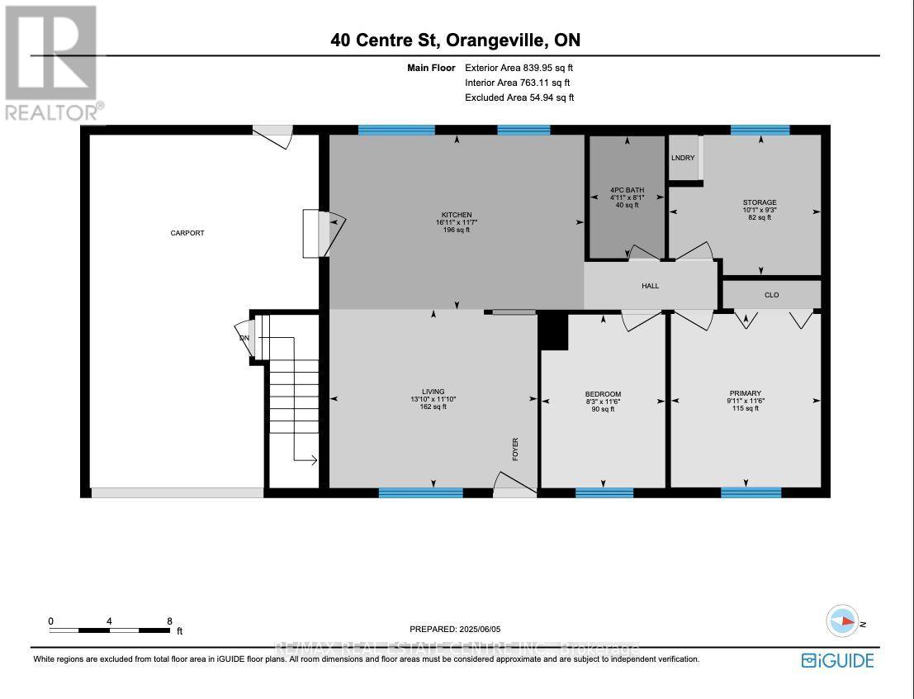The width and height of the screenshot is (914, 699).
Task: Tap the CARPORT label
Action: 187,233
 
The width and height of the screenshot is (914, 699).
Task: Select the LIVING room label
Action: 433,392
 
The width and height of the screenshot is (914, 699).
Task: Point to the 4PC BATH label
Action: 627,190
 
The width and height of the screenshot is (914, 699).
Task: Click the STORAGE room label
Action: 760,202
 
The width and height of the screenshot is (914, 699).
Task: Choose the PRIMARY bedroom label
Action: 745,393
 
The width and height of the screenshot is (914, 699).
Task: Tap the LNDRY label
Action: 683,158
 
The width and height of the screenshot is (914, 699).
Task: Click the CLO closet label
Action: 771,295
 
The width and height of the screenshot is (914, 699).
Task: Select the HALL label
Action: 651,286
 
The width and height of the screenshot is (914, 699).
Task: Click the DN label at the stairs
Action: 244,338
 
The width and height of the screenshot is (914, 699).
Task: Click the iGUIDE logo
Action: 836,659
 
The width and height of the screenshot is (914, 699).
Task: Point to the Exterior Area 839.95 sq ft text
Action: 519,68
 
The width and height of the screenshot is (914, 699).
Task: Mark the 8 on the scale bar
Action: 169,621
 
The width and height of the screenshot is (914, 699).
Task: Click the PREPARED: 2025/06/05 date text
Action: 456,629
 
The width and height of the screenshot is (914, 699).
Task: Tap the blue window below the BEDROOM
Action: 604,493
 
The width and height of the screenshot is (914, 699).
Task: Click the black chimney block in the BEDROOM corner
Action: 552,331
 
